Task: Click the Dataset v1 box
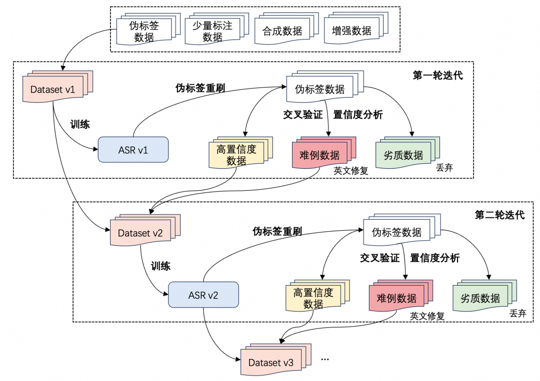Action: (x=52, y=90)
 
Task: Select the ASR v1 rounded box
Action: (x=133, y=149)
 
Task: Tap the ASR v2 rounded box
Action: (x=203, y=295)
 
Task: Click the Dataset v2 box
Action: (x=140, y=233)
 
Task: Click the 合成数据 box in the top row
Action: (x=282, y=31)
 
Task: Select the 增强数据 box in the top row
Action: (x=351, y=31)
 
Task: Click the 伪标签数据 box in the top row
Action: (x=143, y=31)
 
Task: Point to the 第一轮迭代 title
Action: (x=437, y=76)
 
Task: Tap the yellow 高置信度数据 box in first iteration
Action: (x=236, y=155)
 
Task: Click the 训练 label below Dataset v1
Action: (x=80, y=124)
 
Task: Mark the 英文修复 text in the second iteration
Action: (x=427, y=316)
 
